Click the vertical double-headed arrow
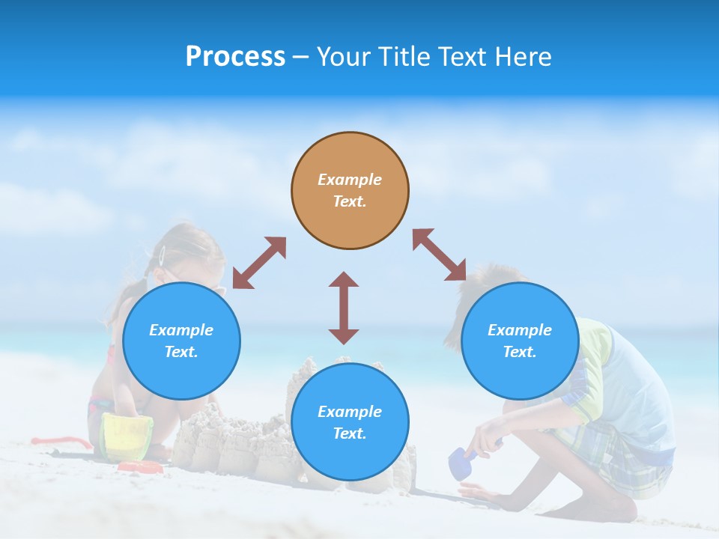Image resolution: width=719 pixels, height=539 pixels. (344, 308)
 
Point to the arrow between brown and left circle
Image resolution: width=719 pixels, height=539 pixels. (259, 263)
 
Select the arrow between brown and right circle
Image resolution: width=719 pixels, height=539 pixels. (439, 255)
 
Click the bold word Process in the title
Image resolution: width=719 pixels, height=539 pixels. (235, 56)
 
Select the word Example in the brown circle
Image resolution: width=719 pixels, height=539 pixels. (350, 180)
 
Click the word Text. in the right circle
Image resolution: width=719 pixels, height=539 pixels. (520, 352)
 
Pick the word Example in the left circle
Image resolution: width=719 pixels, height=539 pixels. (181, 330)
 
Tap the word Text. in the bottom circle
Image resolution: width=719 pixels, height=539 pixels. (350, 433)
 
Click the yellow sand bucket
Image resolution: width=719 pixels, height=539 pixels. (127, 436)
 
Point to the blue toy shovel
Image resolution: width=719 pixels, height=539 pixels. (459, 463)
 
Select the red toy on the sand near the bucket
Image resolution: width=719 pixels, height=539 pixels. (140, 467)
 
